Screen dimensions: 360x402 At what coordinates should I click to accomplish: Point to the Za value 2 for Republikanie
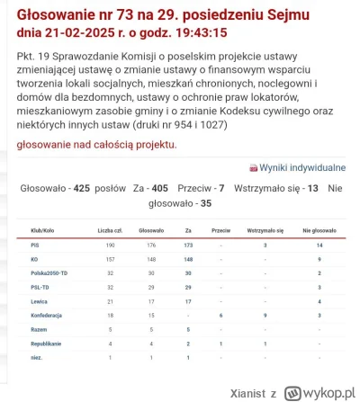coord(188,344)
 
